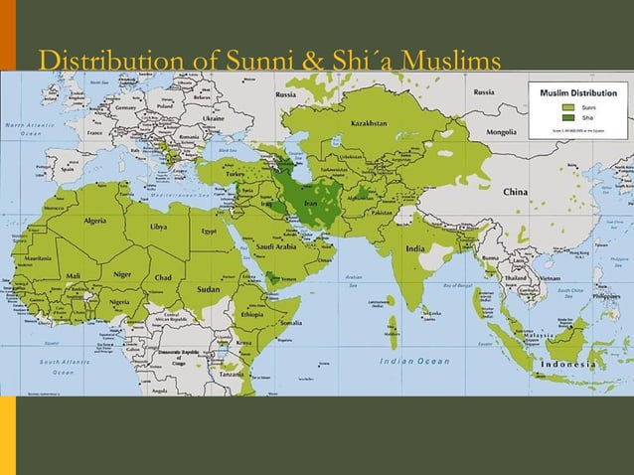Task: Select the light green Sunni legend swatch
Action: coord(568,105)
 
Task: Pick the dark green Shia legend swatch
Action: coord(568,116)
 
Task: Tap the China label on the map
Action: coord(515,191)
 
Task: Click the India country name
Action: coord(415,248)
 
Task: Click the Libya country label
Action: coord(159,226)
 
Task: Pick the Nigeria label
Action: coord(119,300)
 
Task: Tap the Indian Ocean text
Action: coord(415,360)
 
